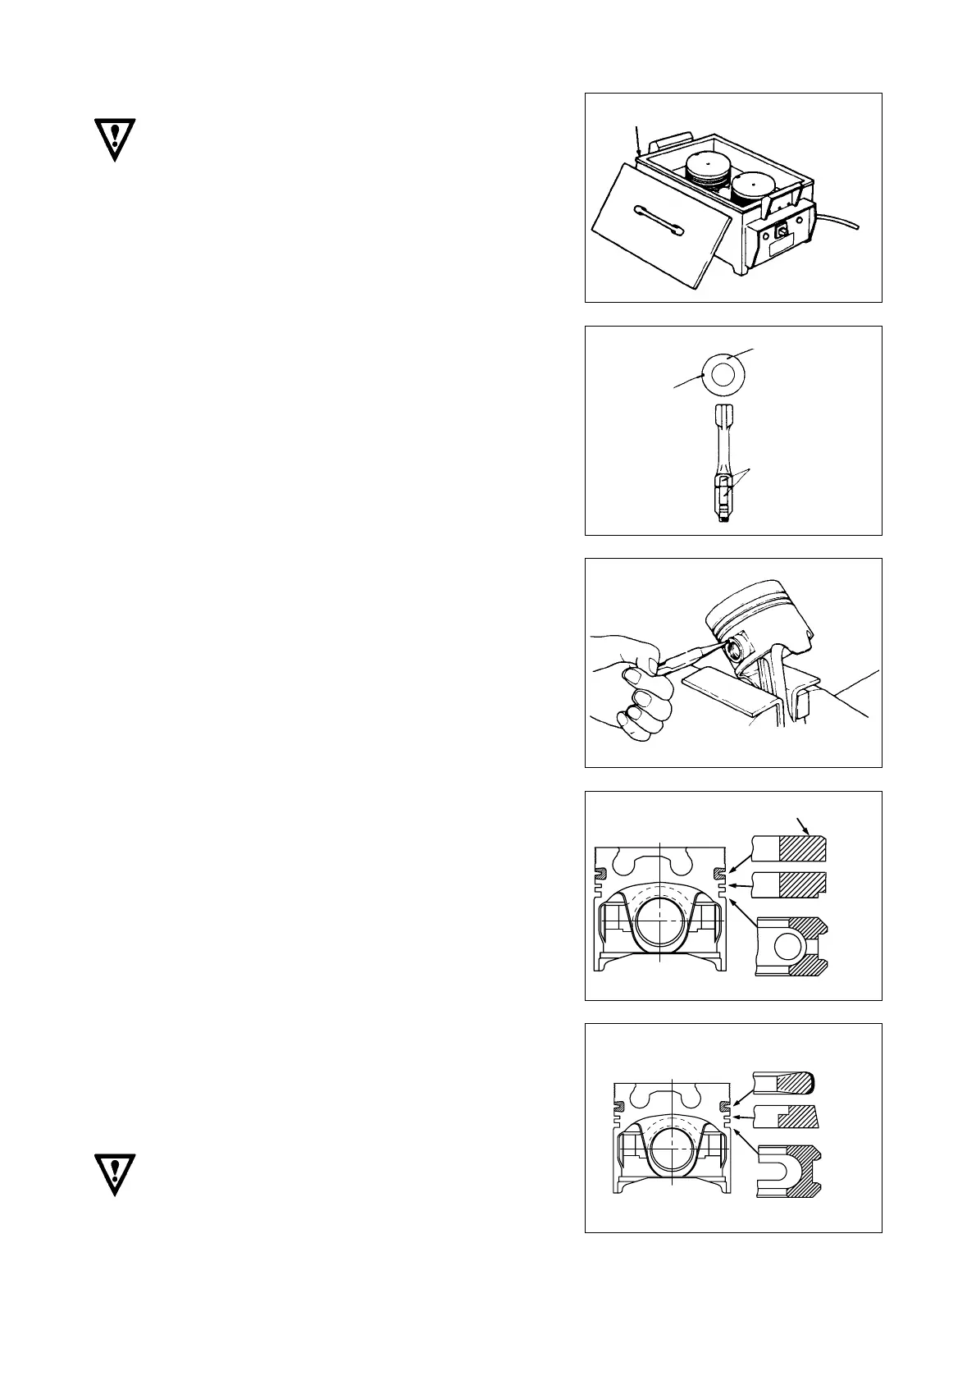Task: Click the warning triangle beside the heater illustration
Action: tap(114, 140)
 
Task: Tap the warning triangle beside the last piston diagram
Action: tap(114, 1174)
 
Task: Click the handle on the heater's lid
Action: tap(654, 222)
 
